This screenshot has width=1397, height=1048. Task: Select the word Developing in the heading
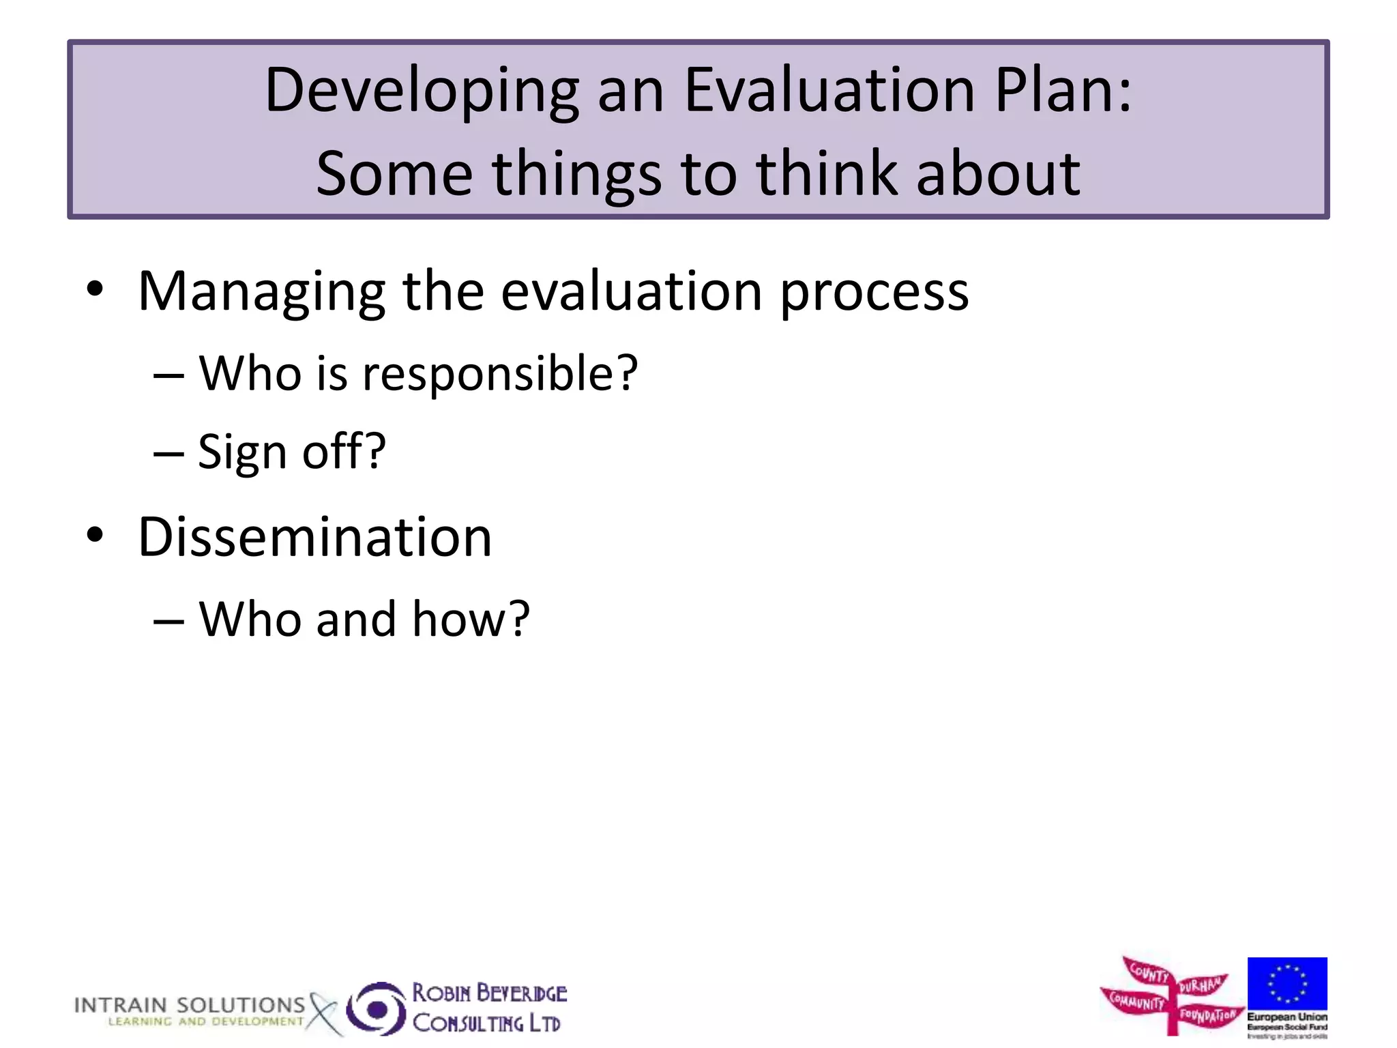(x=422, y=92)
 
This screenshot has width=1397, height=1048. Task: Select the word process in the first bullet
(x=874, y=292)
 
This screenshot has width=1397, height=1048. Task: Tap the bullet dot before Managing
(x=95, y=289)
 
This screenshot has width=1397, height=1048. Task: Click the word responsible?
(x=500, y=375)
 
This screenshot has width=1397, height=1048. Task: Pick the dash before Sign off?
(x=168, y=454)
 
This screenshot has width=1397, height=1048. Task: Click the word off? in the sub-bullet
(x=344, y=452)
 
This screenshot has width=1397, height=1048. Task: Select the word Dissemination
(x=314, y=537)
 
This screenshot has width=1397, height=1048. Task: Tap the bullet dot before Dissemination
(x=95, y=535)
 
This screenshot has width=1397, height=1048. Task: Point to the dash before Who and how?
(x=168, y=621)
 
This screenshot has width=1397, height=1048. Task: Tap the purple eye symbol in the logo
(x=376, y=1008)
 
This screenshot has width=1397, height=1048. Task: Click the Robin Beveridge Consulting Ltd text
(x=488, y=1008)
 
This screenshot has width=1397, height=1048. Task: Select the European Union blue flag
(x=1286, y=983)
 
